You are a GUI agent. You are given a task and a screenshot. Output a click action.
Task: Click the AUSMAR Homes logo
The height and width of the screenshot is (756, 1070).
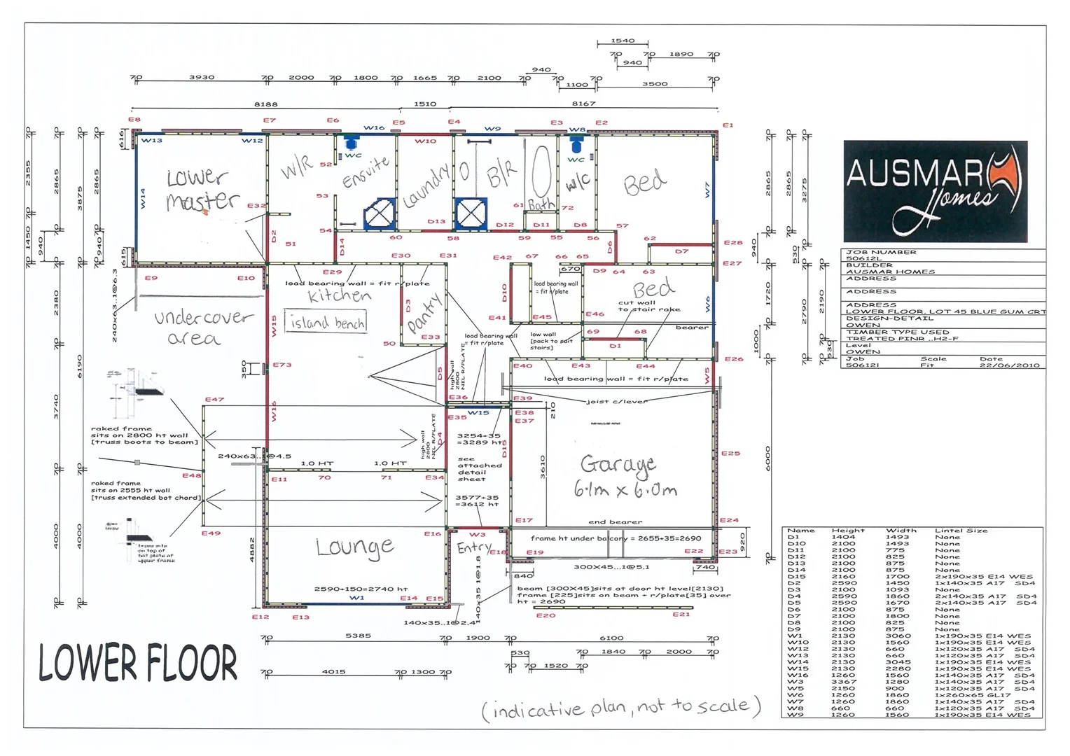[935, 190]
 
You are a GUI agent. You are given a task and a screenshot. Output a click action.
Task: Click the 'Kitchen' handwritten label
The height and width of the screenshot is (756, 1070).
[339, 296]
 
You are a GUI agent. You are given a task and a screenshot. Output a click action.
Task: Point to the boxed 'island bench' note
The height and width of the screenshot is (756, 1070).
[326, 322]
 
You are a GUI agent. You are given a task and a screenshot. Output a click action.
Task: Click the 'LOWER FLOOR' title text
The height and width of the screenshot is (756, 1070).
[138, 663]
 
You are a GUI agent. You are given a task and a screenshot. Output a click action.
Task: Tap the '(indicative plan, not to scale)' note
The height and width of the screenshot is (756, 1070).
[620, 708]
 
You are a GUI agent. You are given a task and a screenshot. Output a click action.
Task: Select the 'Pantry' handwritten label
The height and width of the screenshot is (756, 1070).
[424, 314]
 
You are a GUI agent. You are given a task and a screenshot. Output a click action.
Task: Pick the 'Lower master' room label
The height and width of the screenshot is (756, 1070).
[201, 189]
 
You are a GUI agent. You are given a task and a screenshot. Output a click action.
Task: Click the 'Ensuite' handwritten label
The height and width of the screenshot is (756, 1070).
[366, 172]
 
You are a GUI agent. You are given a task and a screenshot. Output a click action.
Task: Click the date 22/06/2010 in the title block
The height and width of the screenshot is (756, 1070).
[1009, 365]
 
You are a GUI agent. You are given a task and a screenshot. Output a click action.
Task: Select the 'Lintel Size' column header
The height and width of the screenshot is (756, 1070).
[961, 531]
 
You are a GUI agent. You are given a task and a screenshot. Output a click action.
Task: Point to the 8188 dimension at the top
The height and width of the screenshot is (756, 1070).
[265, 104]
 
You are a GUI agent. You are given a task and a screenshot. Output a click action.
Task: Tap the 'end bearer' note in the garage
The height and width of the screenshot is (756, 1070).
[615, 522]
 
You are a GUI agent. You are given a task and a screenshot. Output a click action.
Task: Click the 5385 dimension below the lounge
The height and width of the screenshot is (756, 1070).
[358, 636]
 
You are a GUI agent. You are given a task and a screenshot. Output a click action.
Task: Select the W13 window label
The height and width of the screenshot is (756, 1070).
[151, 141]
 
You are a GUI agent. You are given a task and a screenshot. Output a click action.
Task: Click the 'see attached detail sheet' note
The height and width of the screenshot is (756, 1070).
[480, 469]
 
